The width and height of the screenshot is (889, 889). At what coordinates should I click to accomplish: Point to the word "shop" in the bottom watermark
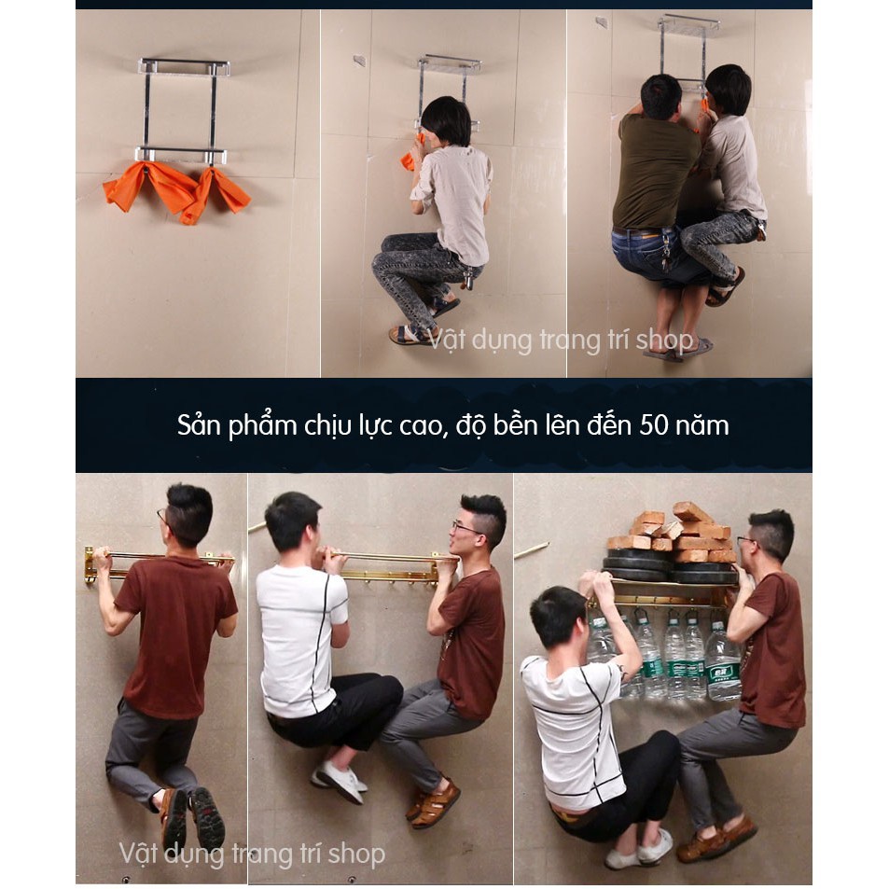click(x=356, y=854)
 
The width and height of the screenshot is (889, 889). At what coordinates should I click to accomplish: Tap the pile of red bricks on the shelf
click(x=673, y=530)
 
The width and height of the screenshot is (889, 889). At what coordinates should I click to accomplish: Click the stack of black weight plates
click(x=671, y=564)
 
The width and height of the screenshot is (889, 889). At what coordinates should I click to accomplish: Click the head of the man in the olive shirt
click(x=660, y=96)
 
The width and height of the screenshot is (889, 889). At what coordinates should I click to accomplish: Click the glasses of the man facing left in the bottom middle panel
click(x=466, y=528)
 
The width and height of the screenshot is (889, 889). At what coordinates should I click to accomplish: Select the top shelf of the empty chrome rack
click(x=185, y=67)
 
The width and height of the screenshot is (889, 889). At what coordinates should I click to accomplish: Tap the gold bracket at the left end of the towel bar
click(x=90, y=565)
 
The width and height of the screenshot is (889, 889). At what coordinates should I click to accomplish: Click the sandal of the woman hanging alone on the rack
click(x=410, y=335)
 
